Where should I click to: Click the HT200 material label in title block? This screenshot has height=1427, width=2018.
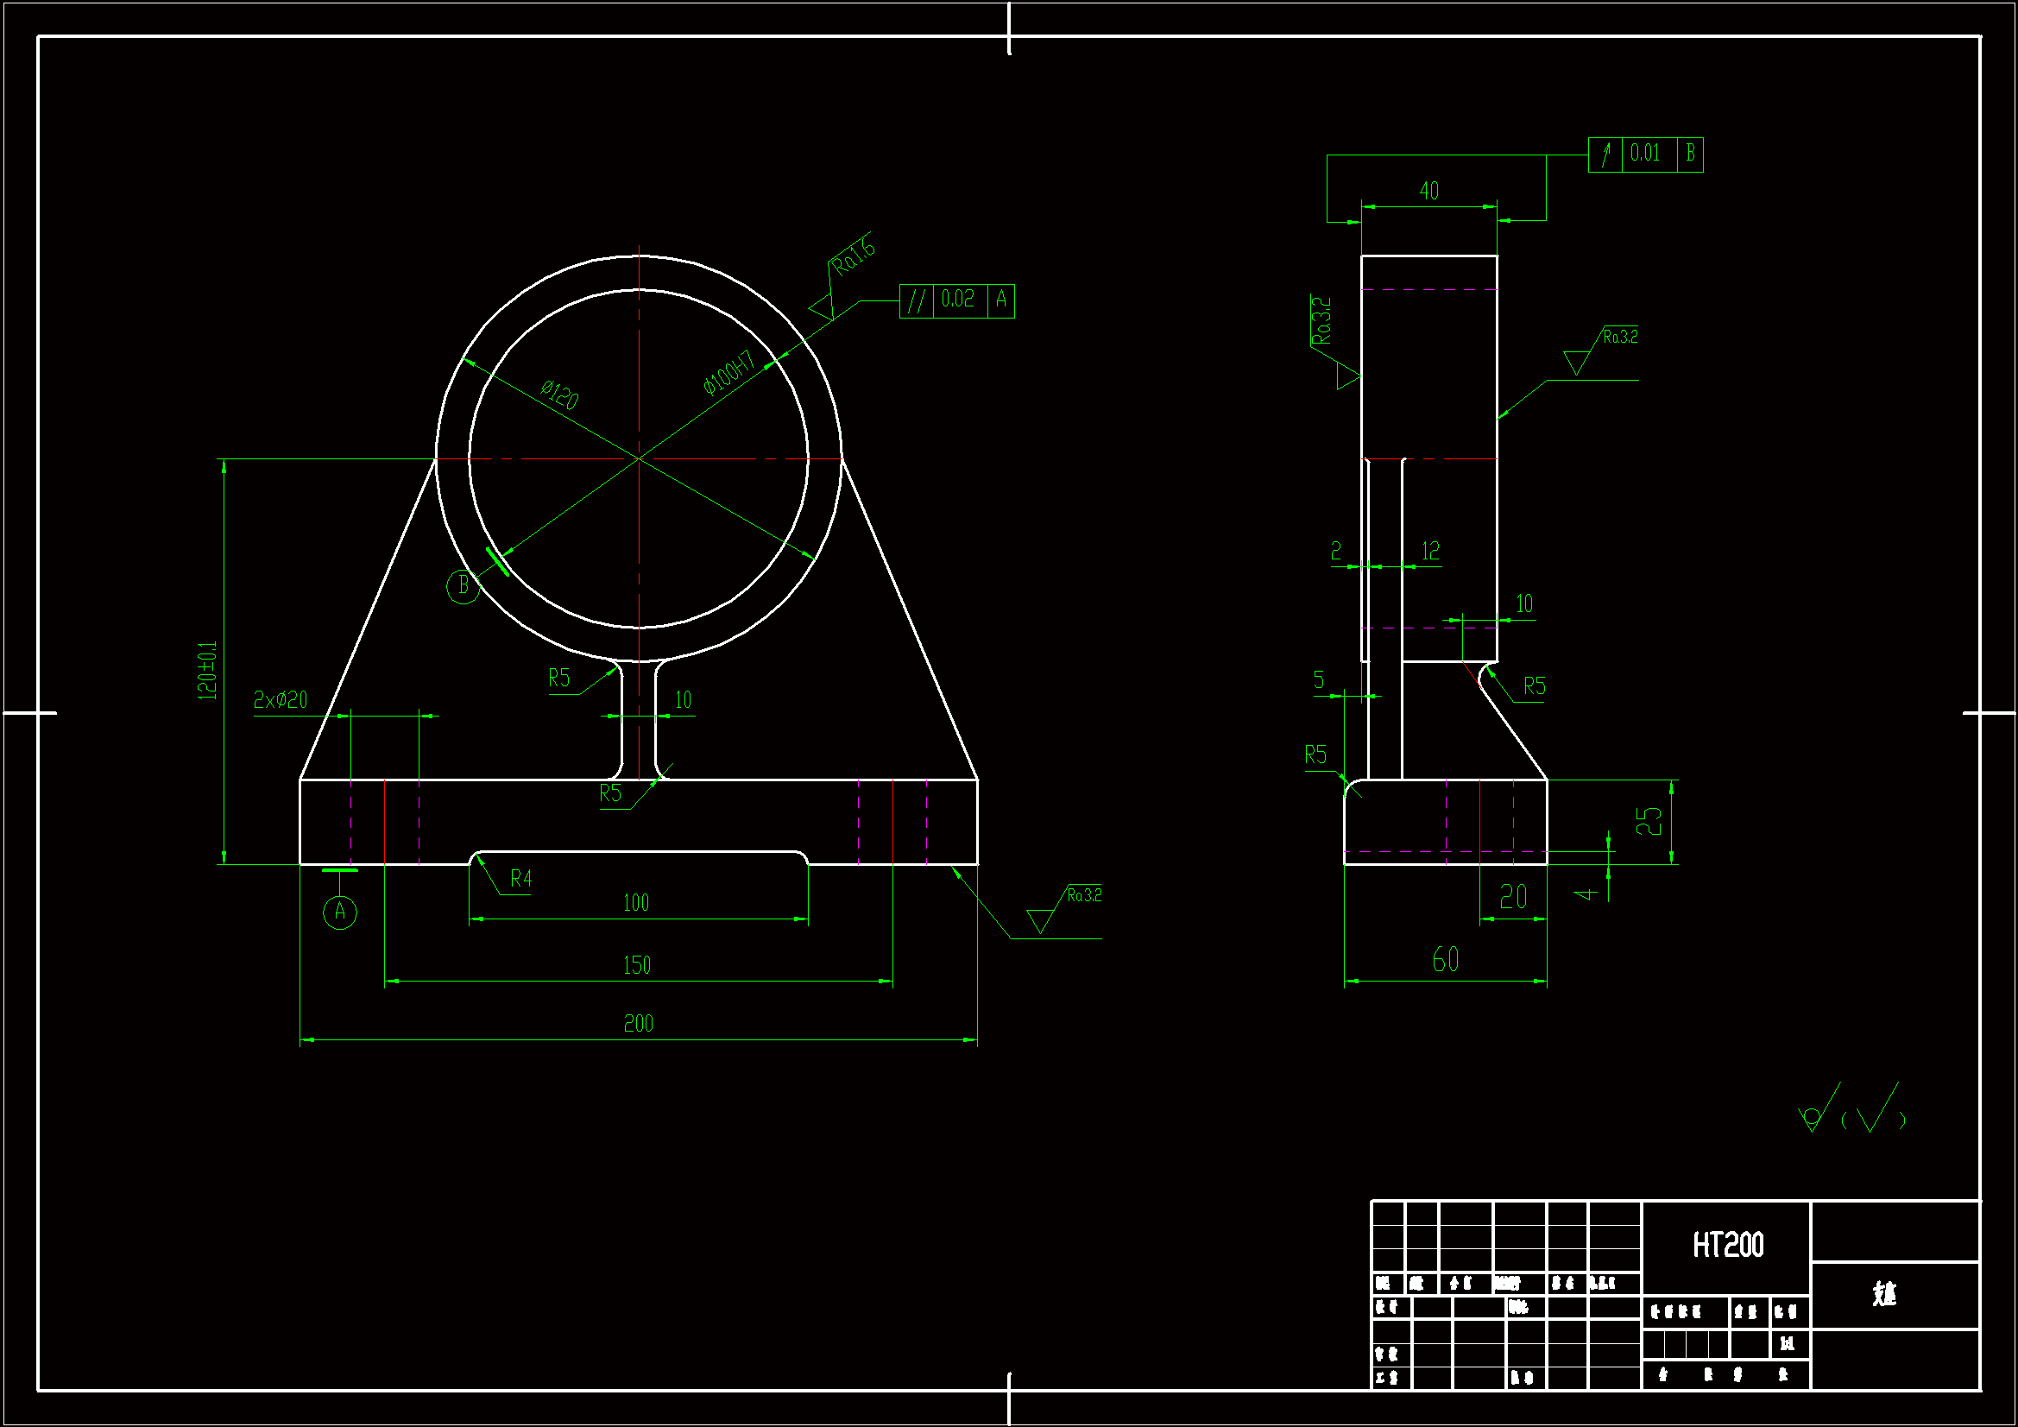point(1727,1245)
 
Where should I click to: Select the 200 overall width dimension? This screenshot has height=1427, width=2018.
point(638,1024)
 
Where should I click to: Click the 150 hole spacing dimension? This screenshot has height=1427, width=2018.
point(636,965)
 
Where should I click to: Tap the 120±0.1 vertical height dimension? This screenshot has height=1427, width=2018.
point(206,670)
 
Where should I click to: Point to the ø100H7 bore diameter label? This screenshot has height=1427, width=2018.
point(728,374)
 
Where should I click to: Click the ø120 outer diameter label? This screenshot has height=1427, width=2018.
point(559,395)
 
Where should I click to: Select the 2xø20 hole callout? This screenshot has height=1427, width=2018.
point(281,700)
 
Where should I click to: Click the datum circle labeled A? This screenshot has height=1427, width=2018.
point(340,912)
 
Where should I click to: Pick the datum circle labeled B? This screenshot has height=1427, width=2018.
point(464,585)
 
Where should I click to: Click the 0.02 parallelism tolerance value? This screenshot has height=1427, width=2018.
point(957,300)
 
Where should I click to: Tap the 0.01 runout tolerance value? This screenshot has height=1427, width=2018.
point(1644,154)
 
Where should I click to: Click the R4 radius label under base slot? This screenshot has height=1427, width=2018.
point(520,878)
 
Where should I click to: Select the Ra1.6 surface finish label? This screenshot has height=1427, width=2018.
point(853,256)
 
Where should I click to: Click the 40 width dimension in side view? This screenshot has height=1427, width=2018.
point(1428,191)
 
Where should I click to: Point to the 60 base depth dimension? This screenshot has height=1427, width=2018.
point(1445,959)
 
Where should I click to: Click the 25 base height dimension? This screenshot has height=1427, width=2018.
point(1648,821)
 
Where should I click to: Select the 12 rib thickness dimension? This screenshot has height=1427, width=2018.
point(1430,552)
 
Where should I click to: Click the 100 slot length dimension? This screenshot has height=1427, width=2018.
point(635,903)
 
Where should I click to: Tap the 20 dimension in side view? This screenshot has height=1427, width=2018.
point(1512,897)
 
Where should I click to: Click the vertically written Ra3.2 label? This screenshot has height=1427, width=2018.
point(1321,321)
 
